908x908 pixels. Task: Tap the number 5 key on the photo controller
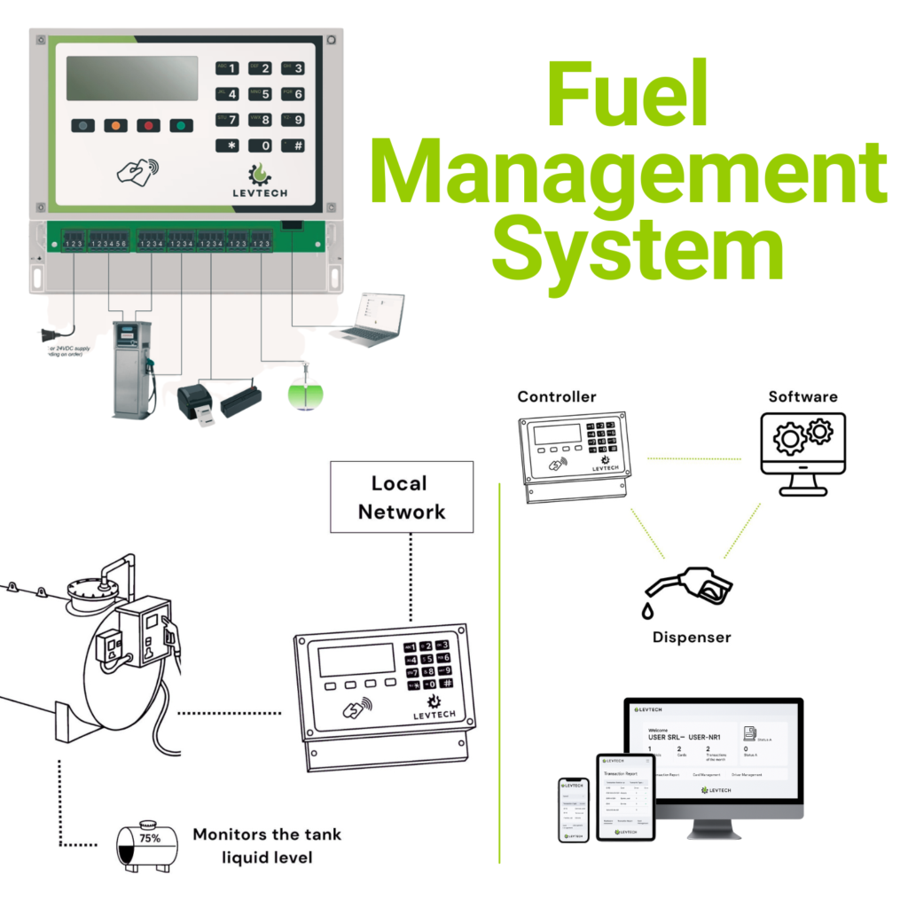264,94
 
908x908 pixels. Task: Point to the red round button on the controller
148,126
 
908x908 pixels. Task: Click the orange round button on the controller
115,126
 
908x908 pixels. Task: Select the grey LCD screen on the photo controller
132,78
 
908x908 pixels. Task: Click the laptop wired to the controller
368,319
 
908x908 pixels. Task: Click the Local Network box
402,497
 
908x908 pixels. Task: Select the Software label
802,396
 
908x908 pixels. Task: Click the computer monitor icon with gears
802,452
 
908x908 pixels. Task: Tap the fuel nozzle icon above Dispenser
687,589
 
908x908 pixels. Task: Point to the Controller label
557,396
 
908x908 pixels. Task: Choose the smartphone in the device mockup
574,810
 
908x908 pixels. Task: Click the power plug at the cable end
49,336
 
